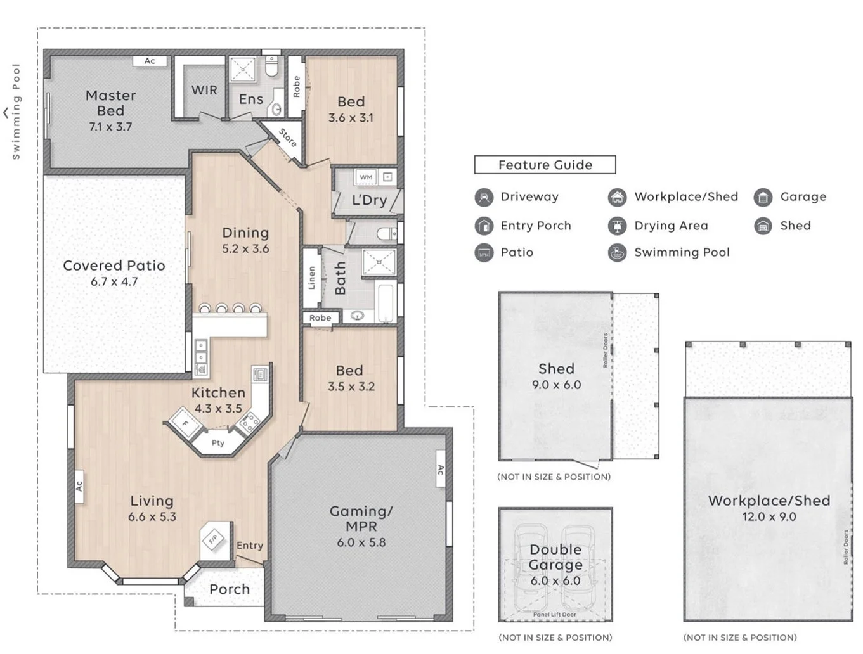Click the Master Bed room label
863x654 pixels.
[110, 103]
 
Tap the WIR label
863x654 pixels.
[204, 90]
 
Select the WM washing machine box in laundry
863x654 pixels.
[366, 177]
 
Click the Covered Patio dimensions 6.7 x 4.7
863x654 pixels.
[114, 282]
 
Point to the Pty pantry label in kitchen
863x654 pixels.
[217, 443]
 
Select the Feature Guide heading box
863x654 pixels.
[545, 165]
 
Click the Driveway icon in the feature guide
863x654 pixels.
[484, 197]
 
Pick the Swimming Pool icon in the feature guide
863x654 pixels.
[617, 253]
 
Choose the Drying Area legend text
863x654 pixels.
[671, 226]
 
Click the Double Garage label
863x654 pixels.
[555, 557]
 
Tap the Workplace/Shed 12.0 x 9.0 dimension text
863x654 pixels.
[769, 517]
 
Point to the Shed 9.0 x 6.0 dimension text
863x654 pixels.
[556, 385]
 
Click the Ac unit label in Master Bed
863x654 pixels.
[150, 61]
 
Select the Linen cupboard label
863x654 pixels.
[311, 278]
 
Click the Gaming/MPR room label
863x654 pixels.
[361, 518]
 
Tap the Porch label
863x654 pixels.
[230, 589]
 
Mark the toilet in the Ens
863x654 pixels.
[271, 66]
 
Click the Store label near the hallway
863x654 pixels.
[288, 138]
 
